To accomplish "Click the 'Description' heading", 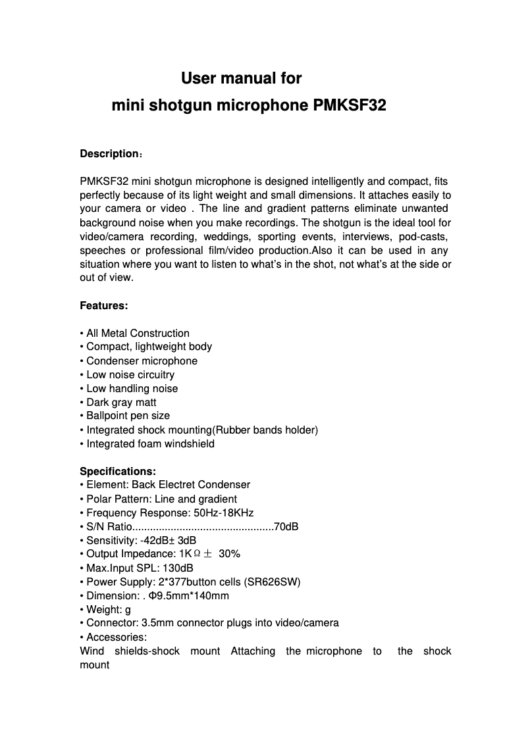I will (x=109, y=154).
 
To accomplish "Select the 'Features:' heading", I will (x=104, y=306).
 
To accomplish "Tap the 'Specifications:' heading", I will (x=118, y=471).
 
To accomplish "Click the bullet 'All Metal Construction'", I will (x=138, y=333).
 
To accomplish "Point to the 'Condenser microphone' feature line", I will (x=142, y=361).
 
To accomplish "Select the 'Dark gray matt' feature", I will (x=121, y=402).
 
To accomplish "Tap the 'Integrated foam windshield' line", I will (x=150, y=443).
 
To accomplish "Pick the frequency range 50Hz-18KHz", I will (x=221, y=512).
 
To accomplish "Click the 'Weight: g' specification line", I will (x=108, y=609).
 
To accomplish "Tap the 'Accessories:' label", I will (x=117, y=637).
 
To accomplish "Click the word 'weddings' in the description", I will (x=223, y=236).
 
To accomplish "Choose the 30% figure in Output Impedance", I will (x=229, y=554).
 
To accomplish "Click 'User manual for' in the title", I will (x=241, y=78).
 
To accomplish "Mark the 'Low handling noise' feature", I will (x=132, y=388).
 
